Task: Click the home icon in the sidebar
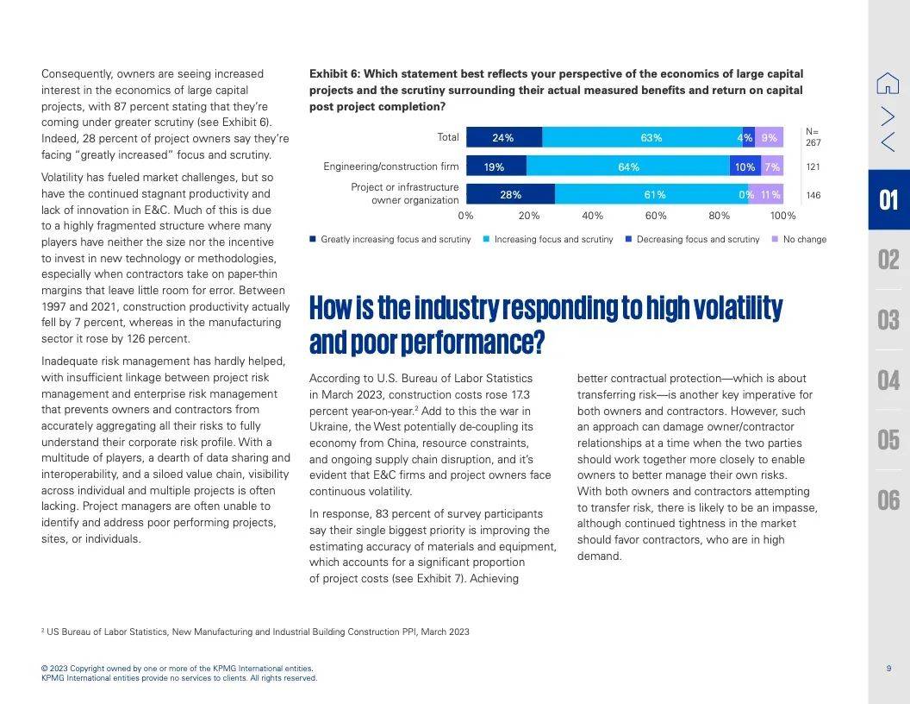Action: tap(888, 83)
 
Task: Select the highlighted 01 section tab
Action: tap(889, 200)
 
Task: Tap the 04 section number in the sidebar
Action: tap(888, 380)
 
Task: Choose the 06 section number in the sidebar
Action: tap(888, 500)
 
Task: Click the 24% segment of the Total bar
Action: tap(504, 137)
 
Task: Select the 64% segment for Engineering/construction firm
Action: tap(628, 167)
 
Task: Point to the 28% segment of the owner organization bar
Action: tap(511, 194)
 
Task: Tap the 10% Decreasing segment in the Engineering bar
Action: tap(745, 167)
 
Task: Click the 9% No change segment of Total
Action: tap(769, 137)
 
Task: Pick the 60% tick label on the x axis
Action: tap(656, 216)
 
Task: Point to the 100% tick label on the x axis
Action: tap(783, 216)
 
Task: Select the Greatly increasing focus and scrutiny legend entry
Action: tap(390, 239)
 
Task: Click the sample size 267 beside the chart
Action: tap(813, 142)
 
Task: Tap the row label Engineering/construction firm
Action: tap(391, 167)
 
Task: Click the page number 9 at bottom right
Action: tap(888, 669)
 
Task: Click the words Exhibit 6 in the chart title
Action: tap(334, 74)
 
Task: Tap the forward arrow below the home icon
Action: tap(888, 116)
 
